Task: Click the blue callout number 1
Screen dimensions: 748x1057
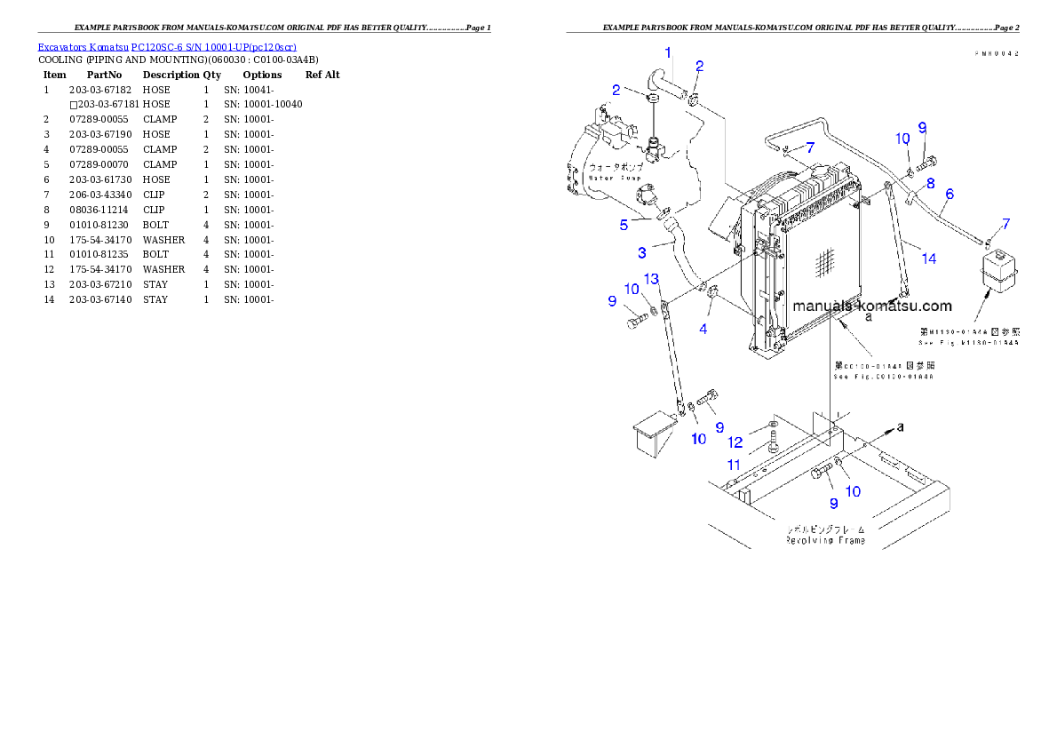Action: point(669,52)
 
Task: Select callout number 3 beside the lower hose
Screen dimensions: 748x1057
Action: point(641,252)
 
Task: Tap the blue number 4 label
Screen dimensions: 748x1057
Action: point(703,329)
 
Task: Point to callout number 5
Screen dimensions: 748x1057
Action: point(624,225)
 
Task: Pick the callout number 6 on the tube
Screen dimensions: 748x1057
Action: point(950,193)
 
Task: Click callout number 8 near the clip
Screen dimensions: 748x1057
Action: point(930,183)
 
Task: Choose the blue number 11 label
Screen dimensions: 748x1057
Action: point(734,464)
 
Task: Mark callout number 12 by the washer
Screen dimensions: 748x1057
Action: point(735,442)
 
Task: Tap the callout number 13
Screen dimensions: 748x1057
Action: point(651,279)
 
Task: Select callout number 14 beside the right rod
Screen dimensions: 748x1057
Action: point(928,259)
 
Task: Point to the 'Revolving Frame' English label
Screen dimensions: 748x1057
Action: point(825,539)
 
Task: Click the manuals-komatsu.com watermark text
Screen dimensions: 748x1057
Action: point(871,306)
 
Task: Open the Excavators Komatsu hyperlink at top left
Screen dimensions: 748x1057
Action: point(167,46)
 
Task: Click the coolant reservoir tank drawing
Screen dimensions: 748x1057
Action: point(997,269)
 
